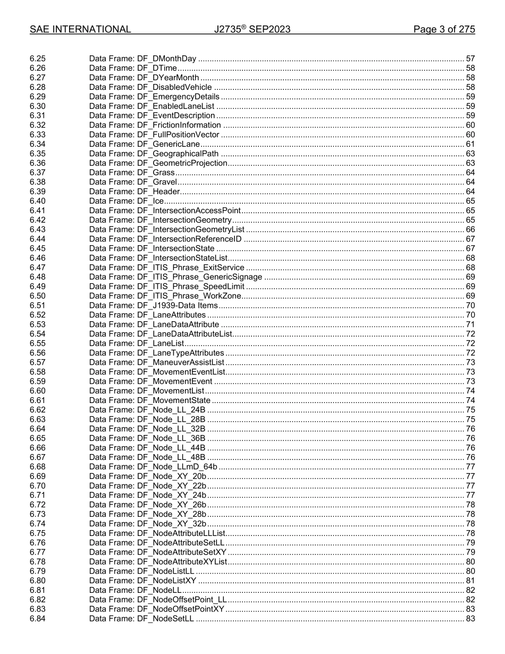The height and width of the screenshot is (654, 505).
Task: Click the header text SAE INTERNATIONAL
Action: click(80, 29)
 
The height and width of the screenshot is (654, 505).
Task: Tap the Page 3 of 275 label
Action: click(444, 29)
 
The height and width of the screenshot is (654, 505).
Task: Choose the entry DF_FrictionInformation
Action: click(155, 125)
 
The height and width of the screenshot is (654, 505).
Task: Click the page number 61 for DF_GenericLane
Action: click(470, 144)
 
